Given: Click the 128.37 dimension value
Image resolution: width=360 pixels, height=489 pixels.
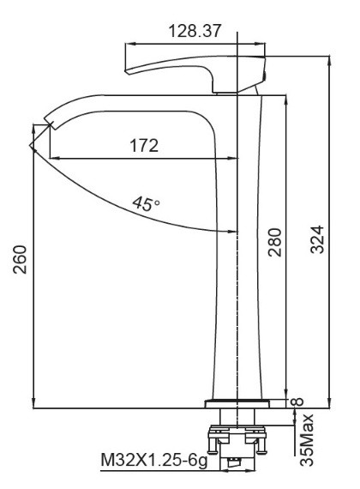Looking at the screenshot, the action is point(195,31).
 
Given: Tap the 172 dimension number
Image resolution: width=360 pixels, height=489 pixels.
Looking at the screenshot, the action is point(144,145).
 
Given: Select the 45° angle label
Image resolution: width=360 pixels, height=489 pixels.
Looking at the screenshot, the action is point(147,203).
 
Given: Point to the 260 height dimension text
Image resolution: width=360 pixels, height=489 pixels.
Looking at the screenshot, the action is point(21,259).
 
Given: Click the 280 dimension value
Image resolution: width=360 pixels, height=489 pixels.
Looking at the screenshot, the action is point(275,242).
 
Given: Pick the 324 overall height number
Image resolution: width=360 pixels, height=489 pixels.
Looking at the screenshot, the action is point(318,239).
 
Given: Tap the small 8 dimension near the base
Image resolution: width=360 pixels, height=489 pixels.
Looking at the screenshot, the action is point(297,401).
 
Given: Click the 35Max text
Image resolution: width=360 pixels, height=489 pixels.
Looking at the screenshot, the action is point(306,440).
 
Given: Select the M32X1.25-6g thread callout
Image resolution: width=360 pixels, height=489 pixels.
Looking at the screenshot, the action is point(154,460).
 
